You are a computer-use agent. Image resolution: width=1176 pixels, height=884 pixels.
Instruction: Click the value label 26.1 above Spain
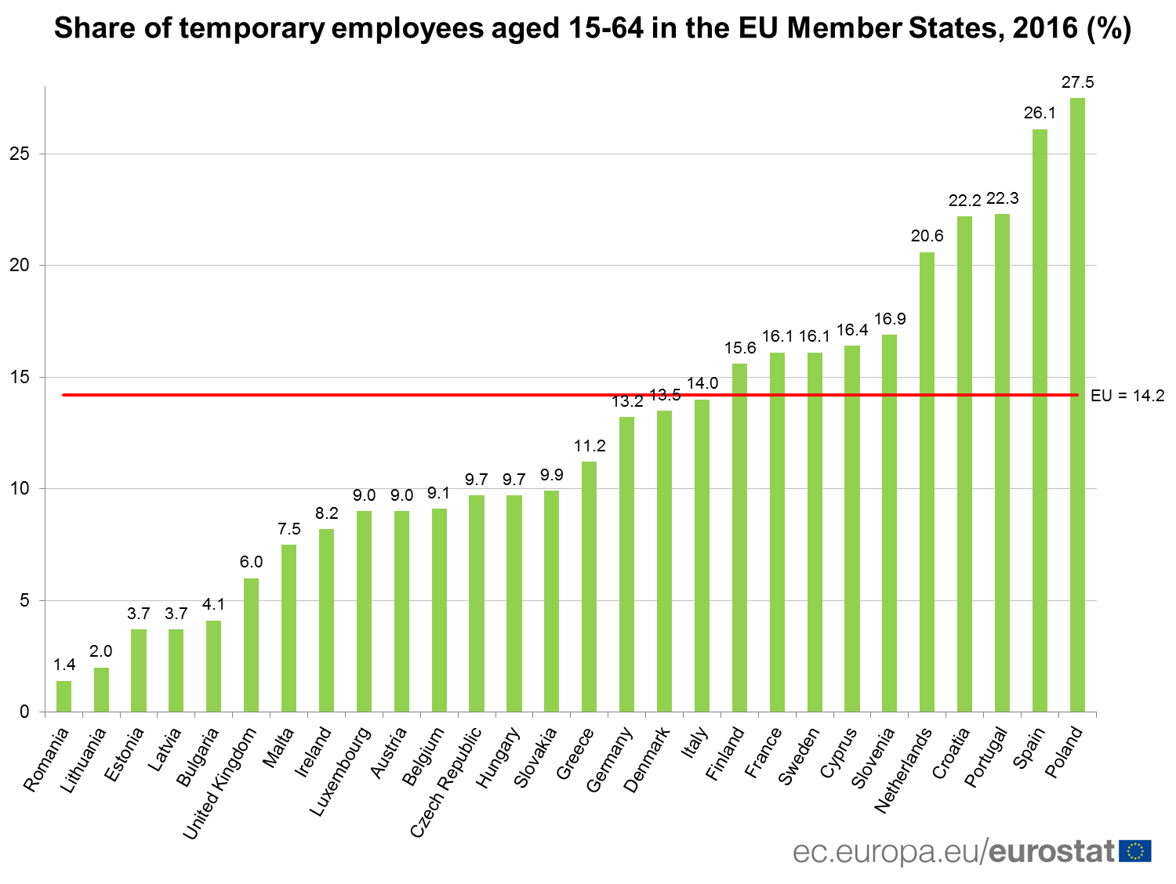coord(1040,113)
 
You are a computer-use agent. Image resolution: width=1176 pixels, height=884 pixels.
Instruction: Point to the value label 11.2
coord(590,446)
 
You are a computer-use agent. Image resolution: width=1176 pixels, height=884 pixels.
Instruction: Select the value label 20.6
coord(927,236)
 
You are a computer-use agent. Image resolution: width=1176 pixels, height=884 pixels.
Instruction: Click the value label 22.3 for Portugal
coord(1003,198)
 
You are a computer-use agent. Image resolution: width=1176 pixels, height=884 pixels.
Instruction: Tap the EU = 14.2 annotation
coord(1127,396)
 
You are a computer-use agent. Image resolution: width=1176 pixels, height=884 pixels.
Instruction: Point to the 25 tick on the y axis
coord(20,154)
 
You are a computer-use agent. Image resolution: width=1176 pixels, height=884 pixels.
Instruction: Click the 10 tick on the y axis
coord(20,488)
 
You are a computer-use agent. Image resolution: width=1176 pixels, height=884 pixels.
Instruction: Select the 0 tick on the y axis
coord(24,712)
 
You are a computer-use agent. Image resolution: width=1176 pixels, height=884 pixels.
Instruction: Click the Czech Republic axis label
coord(446,782)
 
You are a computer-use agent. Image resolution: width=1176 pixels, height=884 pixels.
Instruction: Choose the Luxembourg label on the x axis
coord(340,771)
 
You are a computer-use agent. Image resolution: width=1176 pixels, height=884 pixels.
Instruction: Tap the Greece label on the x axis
coord(575,753)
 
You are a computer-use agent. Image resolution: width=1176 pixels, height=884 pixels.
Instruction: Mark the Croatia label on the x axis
coord(951,753)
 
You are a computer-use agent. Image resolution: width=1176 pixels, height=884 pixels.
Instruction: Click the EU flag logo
coord(1135,851)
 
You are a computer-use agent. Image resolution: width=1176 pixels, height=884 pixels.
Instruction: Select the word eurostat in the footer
coord(1051,852)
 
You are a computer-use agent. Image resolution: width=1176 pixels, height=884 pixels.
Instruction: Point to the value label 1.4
coord(64,665)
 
